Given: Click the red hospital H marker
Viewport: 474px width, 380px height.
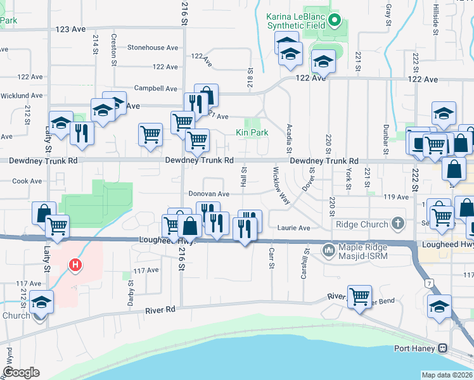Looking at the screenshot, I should tap(75, 265).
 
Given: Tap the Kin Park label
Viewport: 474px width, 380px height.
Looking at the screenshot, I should tap(252, 132).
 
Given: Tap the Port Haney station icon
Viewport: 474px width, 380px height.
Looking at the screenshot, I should tap(444, 348).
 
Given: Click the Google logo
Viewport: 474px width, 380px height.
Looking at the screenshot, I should tap(21, 372).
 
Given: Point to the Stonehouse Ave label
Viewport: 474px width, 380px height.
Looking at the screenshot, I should tap(153, 47).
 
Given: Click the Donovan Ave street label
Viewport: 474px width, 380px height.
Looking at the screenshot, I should tap(208, 194).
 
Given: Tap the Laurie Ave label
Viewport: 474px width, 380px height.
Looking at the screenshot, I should tap(294, 228).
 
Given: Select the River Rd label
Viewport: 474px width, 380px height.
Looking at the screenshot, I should tap(159, 310).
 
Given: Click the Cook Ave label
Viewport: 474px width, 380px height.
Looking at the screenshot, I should tap(27, 181).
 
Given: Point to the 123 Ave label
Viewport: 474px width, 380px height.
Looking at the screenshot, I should tap(70, 29).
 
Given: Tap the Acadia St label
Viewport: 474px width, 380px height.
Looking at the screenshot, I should tap(289, 138).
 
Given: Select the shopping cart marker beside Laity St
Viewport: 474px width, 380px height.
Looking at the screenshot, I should tap(58, 225).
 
